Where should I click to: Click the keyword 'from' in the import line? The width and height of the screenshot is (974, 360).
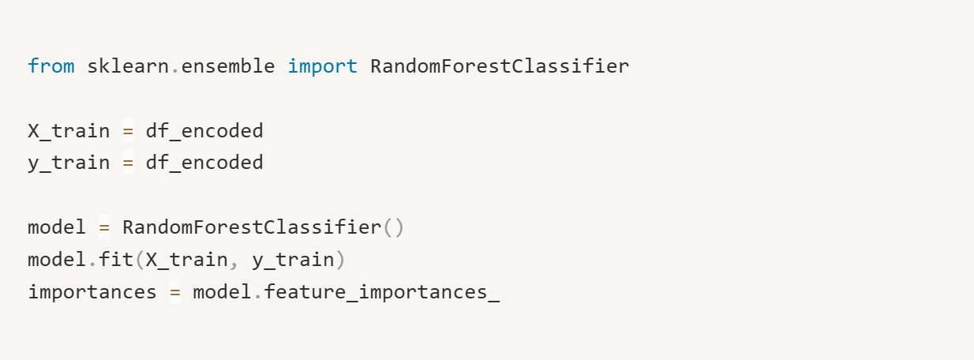point(51,66)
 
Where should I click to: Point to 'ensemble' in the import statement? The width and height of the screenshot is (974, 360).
point(228,66)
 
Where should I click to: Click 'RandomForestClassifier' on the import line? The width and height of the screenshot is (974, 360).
point(499,66)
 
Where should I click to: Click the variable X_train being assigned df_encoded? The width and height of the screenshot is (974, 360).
point(69,131)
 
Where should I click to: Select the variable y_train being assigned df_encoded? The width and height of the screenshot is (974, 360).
point(69,163)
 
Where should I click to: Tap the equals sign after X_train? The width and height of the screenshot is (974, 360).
point(128,131)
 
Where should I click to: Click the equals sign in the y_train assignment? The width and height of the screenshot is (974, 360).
point(128,163)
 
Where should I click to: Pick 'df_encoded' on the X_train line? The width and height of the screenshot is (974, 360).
point(204,131)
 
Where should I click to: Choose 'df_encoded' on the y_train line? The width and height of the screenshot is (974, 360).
point(204,163)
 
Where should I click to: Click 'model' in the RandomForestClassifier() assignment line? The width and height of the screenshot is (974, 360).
point(57,228)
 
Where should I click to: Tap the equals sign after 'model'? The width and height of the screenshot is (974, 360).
point(104,228)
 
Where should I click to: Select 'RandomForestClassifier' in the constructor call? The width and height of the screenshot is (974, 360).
point(252,228)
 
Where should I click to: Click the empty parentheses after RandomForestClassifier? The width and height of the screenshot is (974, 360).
point(393,228)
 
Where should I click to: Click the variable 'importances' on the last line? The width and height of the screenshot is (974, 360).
point(92,293)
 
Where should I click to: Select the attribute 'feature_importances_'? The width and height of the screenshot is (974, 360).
point(382,293)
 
